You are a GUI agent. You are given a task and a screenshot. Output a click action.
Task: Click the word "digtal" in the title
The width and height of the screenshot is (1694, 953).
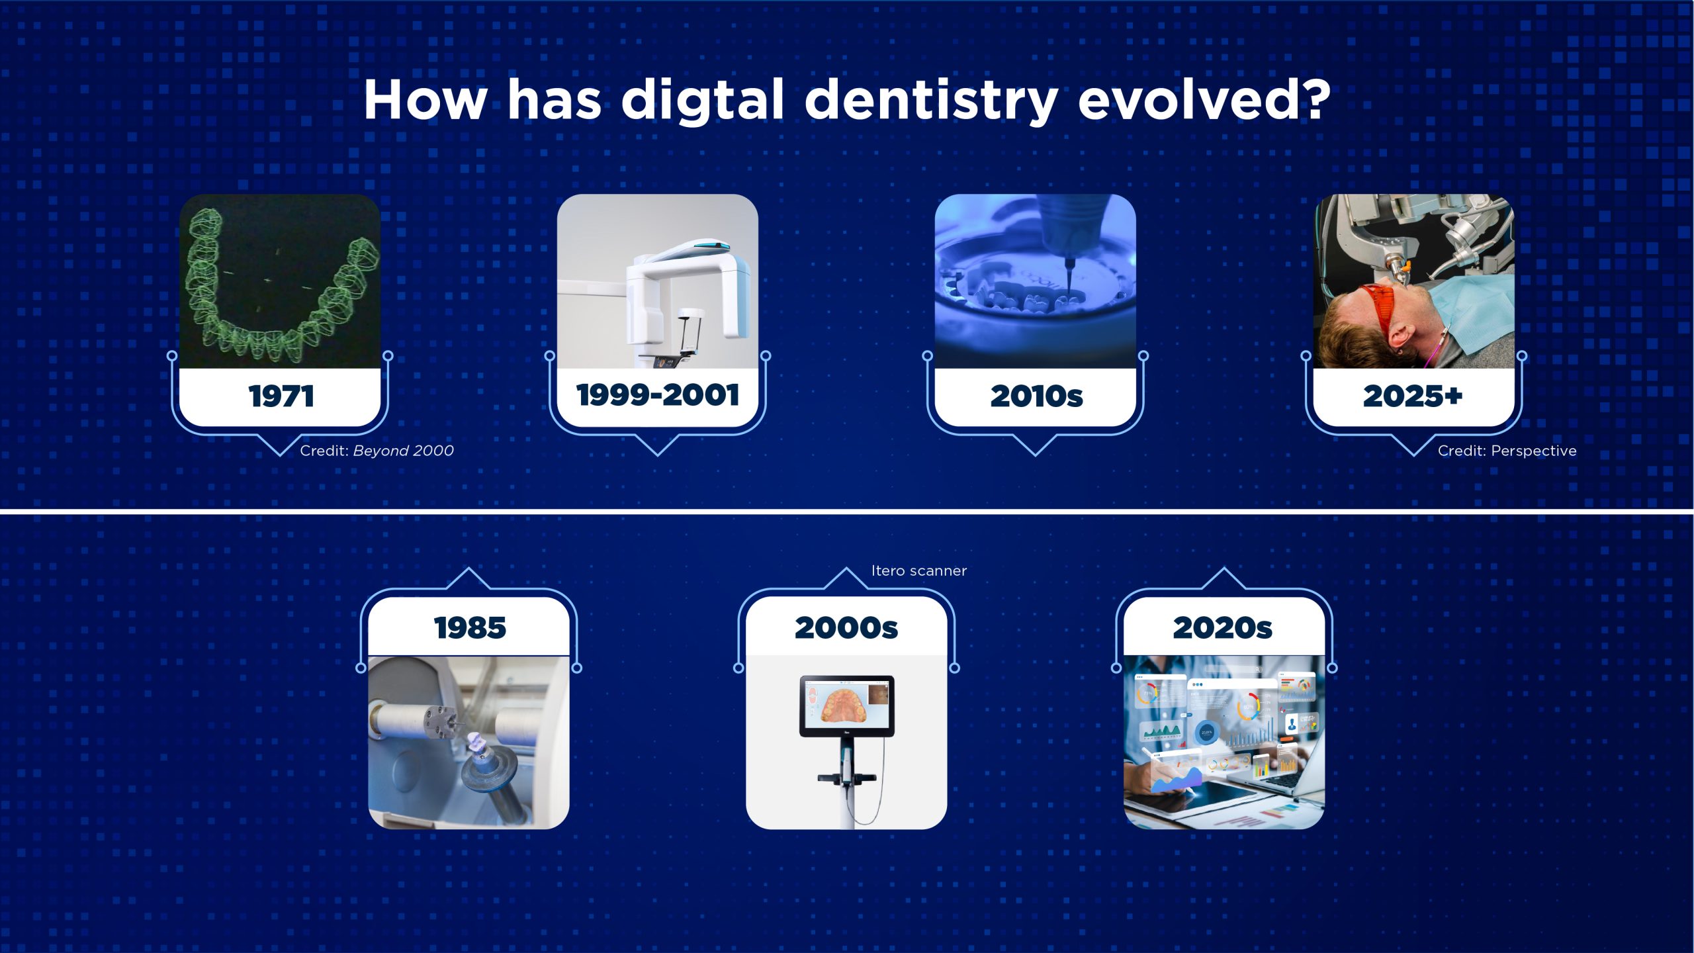[703, 100]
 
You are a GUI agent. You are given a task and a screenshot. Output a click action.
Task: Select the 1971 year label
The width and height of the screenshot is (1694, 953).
[281, 396]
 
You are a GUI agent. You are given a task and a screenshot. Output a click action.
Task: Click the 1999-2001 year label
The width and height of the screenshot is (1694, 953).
[658, 395]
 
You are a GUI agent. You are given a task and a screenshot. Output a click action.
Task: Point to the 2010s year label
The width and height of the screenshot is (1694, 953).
[1036, 396]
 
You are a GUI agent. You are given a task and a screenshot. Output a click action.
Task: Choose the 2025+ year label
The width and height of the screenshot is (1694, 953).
[1413, 396]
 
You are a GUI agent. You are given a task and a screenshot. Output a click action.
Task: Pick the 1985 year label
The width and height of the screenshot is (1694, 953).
[470, 628]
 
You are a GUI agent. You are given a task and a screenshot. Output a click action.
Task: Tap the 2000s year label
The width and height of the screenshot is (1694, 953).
[846, 628]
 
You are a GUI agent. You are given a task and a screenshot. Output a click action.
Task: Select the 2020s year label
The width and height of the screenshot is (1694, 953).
[1223, 628]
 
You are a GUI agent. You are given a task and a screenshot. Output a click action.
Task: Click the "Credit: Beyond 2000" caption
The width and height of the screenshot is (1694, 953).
[377, 451]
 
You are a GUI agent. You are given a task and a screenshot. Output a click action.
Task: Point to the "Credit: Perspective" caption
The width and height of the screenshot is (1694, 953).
[1507, 451]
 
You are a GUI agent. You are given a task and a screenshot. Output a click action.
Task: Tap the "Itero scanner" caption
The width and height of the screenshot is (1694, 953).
[919, 570]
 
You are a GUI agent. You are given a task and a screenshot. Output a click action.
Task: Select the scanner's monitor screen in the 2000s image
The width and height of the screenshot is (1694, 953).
[847, 704]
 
